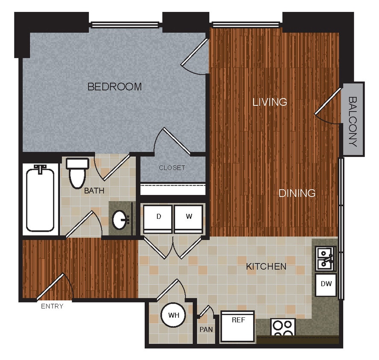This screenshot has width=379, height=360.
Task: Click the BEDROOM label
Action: point(114,87)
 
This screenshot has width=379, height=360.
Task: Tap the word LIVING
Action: point(269,102)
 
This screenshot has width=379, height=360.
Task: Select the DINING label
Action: point(297,193)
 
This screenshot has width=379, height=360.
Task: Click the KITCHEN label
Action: point(266,267)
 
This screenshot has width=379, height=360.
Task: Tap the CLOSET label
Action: point(172,168)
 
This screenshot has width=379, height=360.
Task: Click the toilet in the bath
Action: point(78,173)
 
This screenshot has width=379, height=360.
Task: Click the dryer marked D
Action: point(158,217)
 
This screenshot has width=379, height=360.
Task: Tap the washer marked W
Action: point(189,217)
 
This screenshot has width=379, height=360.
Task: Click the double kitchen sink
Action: point(325,259)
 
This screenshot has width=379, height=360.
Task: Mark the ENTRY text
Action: point(52,306)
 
